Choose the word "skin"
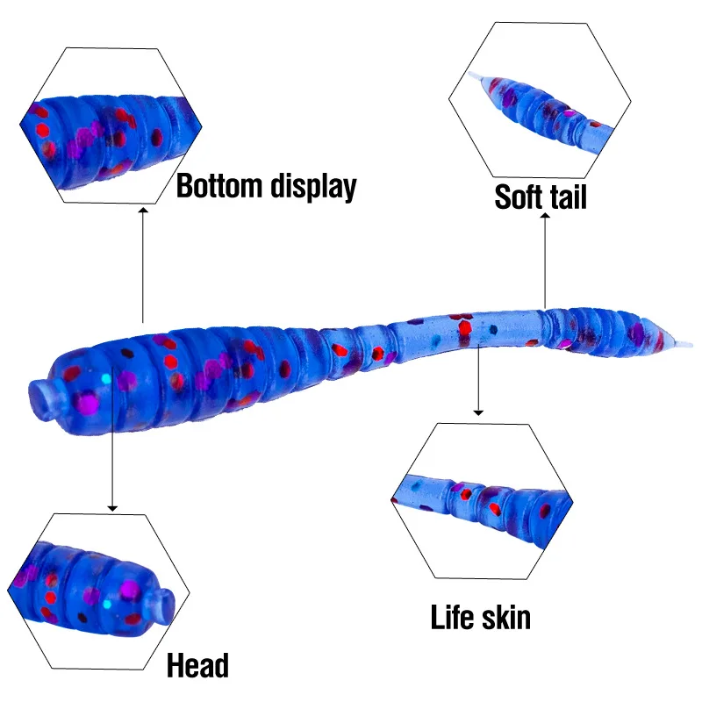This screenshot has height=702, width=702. pyautogui.click(x=507, y=617)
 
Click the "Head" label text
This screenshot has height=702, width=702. pyautogui.click(x=198, y=665)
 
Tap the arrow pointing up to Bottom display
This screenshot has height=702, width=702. pyautogui.click(x=143, y=263)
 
